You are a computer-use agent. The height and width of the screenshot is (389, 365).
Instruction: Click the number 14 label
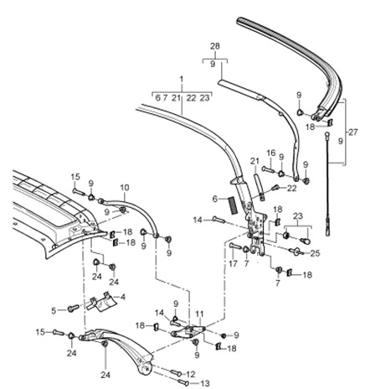(197, 220)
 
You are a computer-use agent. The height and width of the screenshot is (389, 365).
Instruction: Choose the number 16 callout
(270, 153)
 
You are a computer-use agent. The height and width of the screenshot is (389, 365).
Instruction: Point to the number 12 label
(192, 373)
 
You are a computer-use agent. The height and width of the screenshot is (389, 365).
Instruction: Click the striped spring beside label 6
(224, 200)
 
